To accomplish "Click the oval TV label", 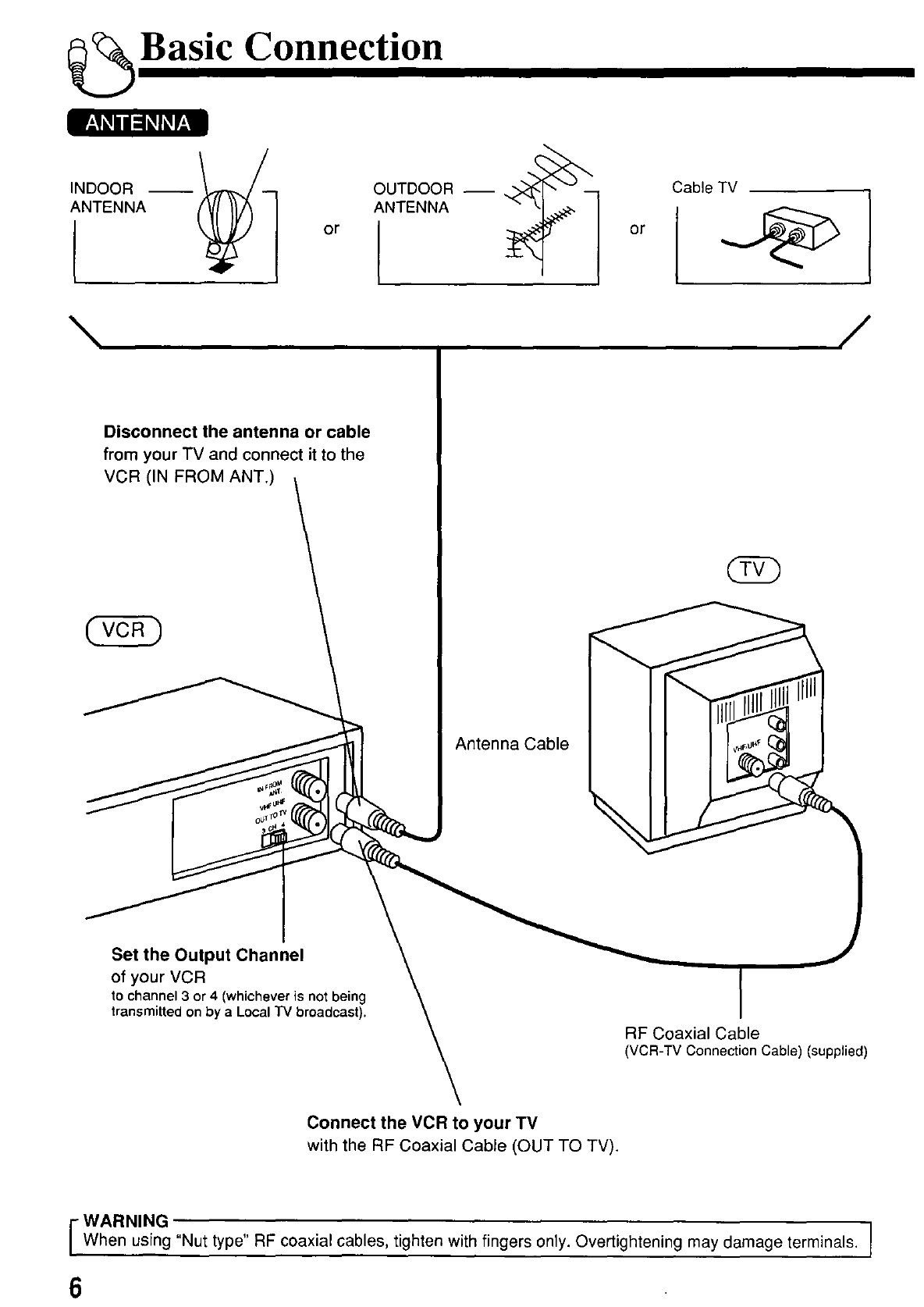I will click(x=752, y=570).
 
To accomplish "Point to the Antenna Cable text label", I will click(x=511, y=744).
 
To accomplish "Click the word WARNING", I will click(x=125, y=1220).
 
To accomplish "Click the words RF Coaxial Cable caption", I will click(x=691, y=1033).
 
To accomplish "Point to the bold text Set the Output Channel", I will click(x=207, y=955).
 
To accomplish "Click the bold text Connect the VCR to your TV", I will click(x=422, y=1123).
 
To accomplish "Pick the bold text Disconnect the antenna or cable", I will click(x=236, y=432).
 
